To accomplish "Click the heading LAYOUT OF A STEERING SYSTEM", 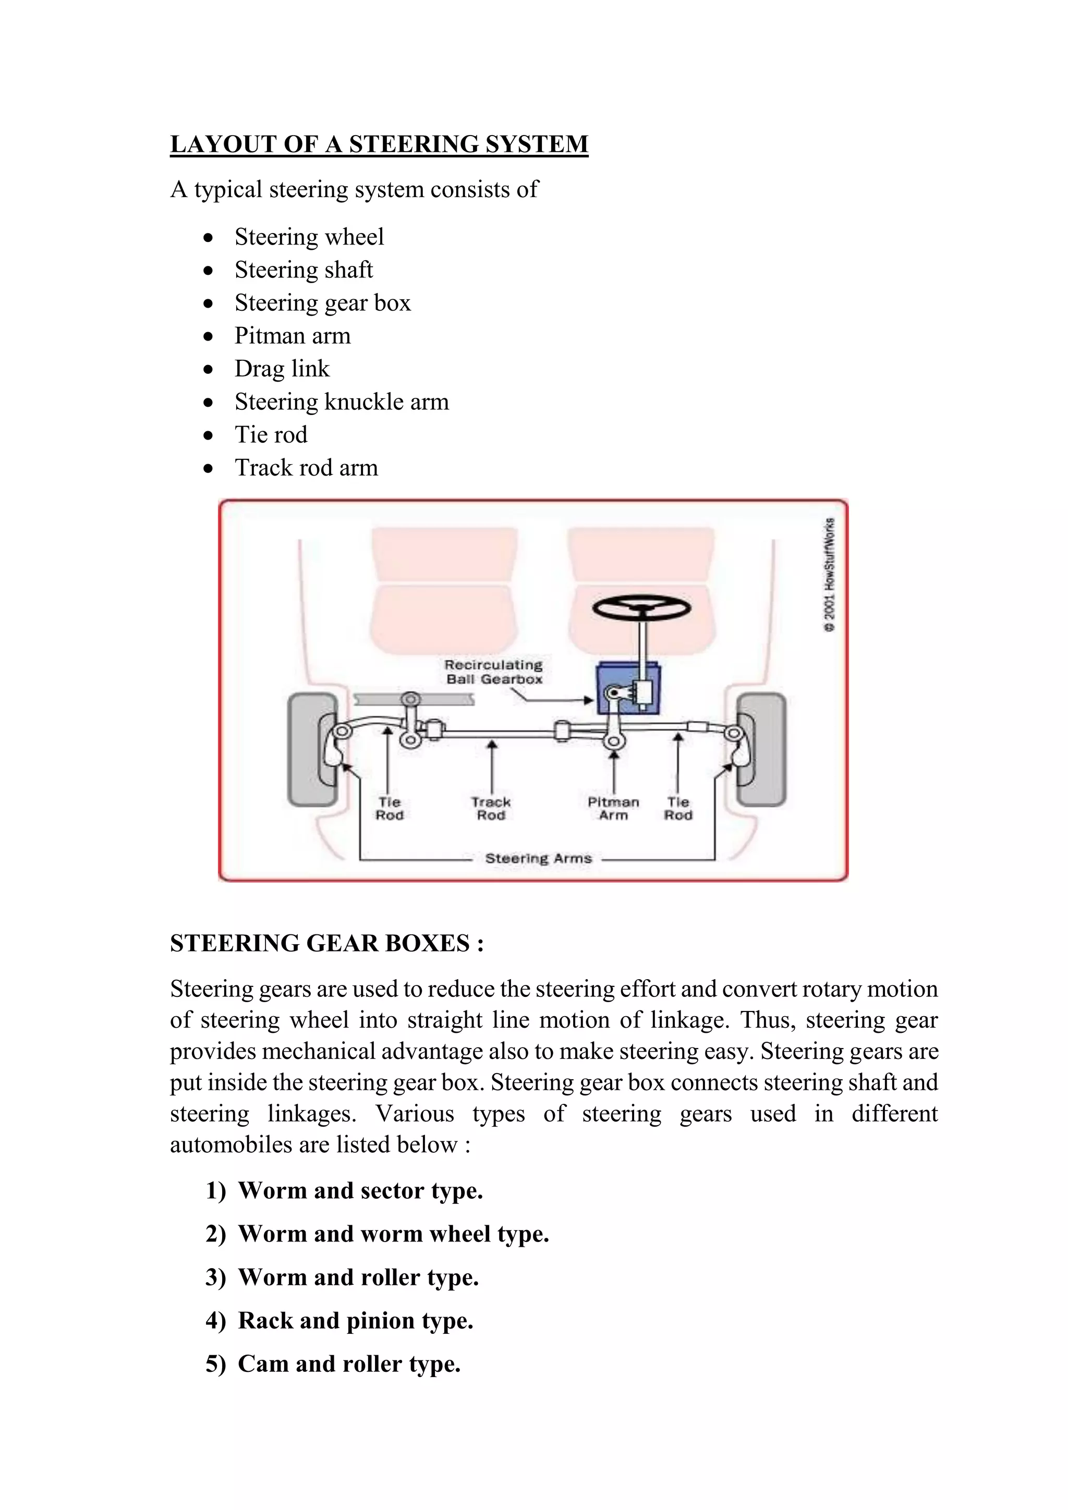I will coord(379,144).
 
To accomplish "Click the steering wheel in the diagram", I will coord(641,607).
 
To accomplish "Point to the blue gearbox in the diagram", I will coord(628,688).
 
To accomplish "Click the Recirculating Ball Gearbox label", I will coord(493,672).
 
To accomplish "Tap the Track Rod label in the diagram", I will coord(491,808).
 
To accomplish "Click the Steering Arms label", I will coord(538,858).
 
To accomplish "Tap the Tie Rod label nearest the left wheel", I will coord(390,808).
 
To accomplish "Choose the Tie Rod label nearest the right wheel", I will coord(678,808).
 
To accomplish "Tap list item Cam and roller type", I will coord(348,1363).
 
